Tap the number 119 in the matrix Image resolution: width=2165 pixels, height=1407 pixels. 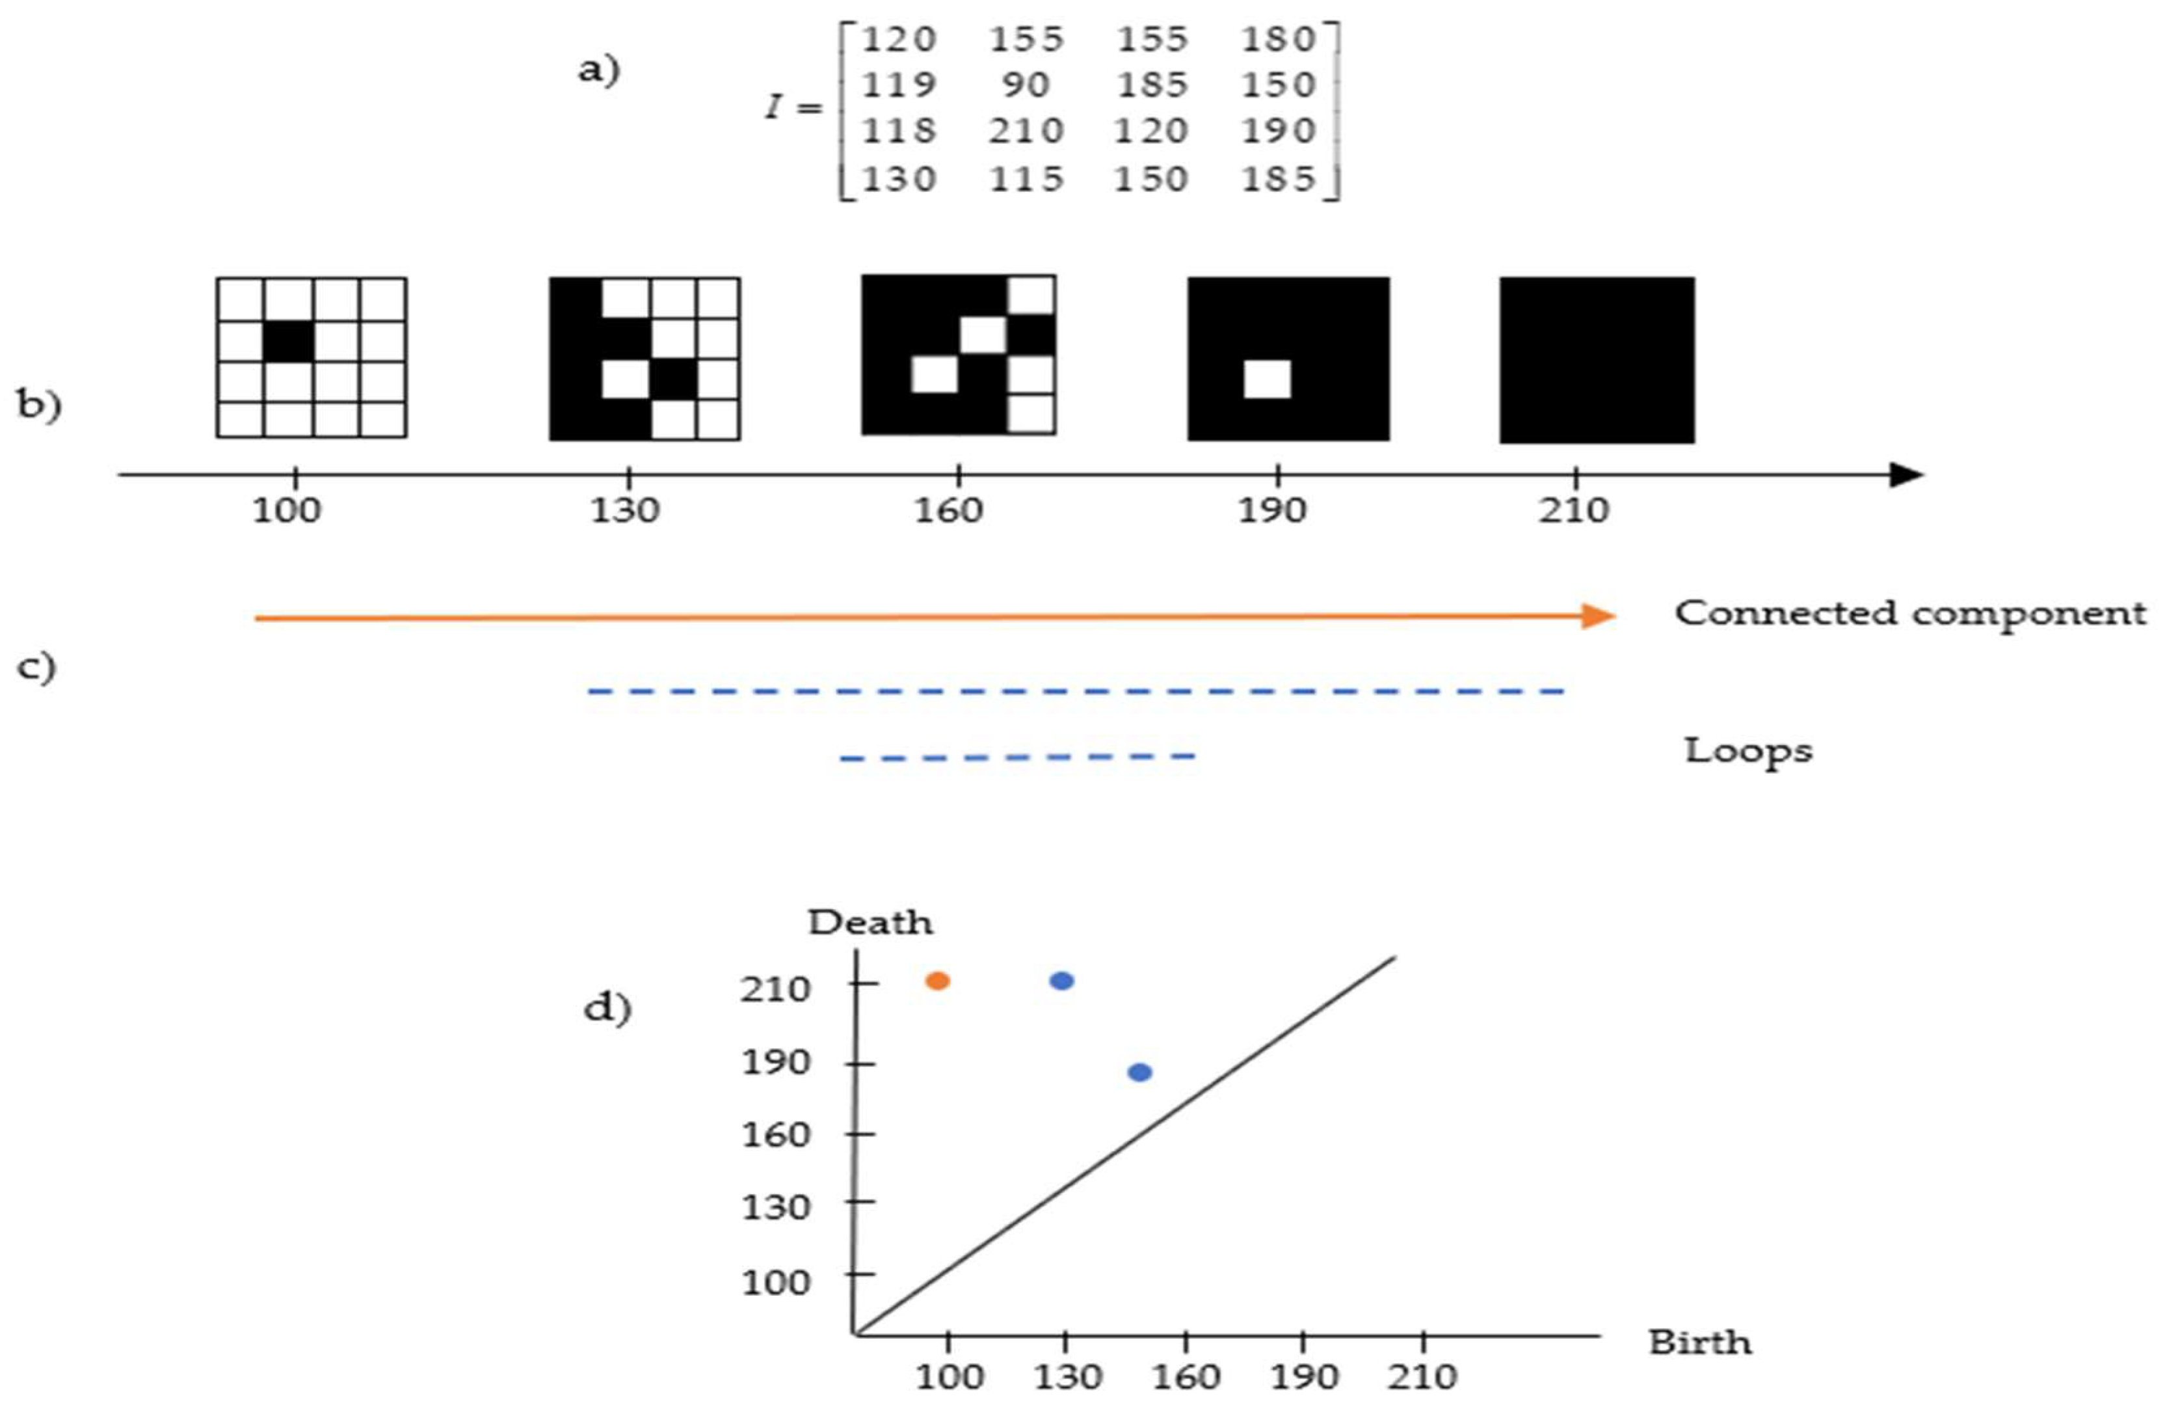pos(898,85)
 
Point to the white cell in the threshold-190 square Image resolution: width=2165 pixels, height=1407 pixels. pos(1267,379)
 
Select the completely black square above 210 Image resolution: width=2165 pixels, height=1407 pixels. pos(1597,361)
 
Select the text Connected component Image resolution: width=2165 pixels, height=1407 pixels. pos(1910,614)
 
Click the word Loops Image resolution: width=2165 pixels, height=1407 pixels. pos(1747,752)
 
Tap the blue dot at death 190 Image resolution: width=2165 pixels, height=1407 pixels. pos(1139,1072)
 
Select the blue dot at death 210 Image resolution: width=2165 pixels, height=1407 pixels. pos(1061,980)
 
